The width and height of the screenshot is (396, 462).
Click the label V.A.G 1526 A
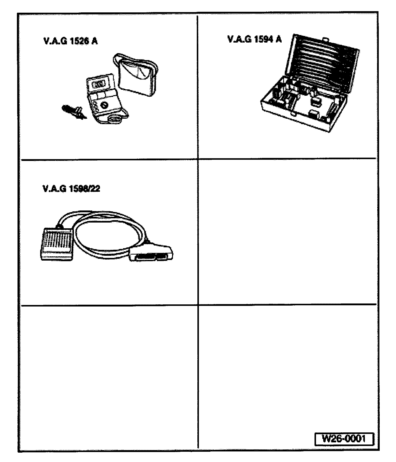pos(71,41)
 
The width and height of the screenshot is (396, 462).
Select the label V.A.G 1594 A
pos(254,39)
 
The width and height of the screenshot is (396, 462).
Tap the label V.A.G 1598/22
pos(71,189)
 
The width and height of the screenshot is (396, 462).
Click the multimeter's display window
pos(98,84)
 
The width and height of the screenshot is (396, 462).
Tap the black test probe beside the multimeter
pos(73,112)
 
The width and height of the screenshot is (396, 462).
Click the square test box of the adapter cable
pos(57,243)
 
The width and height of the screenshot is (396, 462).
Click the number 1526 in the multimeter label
pos(78,41)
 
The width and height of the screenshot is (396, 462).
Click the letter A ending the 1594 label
pos(278,39)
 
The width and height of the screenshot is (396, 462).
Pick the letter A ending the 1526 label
pos(94,41)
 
